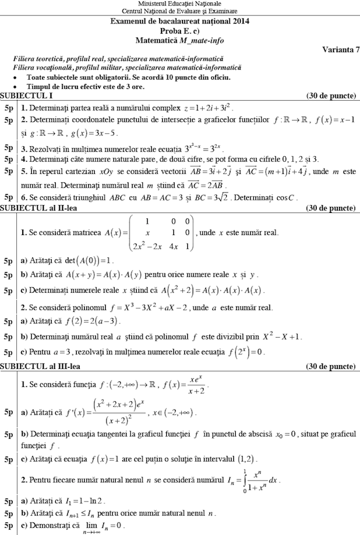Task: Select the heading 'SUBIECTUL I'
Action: pyautogui.click(x=26, y=95)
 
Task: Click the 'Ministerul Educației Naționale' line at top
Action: pyautogui.click(x=179, y=4)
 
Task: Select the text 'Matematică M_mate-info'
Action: pyautogui.click(x=180, y=39)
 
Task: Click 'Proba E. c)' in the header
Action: pyautogui.click(x=180, y=30)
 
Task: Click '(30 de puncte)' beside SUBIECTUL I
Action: pyautogui.click(x=331, y=95)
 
